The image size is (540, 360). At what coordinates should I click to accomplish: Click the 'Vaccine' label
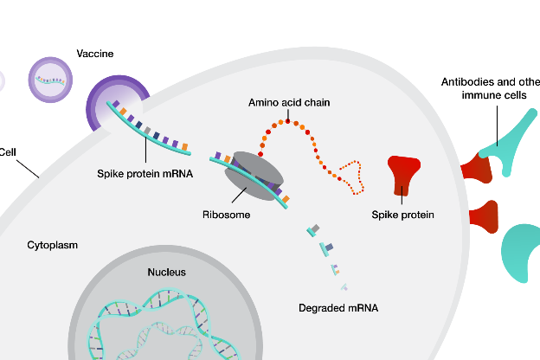[x=95, y=54]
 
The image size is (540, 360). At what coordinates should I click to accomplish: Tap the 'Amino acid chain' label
[x=289, y=102]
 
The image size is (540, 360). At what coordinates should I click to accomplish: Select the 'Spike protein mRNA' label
[x=145, y=172]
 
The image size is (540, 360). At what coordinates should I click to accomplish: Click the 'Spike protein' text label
[x=402, y=215]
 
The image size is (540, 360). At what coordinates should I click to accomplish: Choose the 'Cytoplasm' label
[x=52, y=245]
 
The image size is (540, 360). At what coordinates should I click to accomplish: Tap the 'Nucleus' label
[x=166, y=272]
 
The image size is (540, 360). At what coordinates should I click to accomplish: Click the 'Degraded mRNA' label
[x=338, y=308]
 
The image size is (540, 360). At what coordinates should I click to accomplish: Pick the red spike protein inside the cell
[x=404, y=173]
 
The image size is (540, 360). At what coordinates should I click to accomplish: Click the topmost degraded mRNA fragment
[x=313, y=229]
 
